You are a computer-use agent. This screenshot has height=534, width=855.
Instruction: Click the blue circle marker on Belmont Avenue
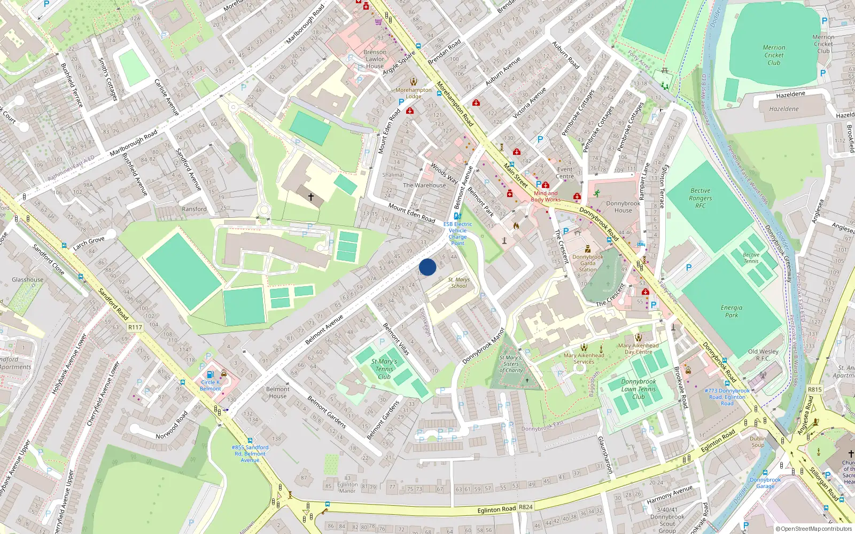pos(428,267)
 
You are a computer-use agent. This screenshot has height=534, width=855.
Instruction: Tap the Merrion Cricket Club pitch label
pos(774,55)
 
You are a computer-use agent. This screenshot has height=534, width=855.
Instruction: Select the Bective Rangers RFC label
pos(700,198)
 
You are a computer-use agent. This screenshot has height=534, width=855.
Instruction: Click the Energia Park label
pos(732,311)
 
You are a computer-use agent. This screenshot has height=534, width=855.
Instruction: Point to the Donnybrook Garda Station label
pos(588,263)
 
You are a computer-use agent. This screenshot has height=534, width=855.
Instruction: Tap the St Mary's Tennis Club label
pos(384,369)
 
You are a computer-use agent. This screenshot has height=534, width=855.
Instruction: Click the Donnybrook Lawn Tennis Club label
pos(639,389)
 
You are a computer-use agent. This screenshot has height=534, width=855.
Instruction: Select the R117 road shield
pos(135,327)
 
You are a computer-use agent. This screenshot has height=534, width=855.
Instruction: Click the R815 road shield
pos(814,389)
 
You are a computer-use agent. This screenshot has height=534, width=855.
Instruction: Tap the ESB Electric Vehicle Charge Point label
pos(457,233)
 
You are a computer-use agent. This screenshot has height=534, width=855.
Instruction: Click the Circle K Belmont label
pos(211,385)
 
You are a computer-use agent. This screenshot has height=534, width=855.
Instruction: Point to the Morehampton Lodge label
pos(414,93)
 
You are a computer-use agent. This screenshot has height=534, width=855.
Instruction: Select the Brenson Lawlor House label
pos(375,59)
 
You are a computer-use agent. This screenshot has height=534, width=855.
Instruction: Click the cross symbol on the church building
pos(310,197)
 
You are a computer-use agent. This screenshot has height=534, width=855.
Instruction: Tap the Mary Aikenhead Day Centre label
pos(638,348)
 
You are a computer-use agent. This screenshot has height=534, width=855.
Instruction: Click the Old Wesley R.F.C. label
pos(763,355)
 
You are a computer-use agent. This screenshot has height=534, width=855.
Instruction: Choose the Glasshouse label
pos(28,279)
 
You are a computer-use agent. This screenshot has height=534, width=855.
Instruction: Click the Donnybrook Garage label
pos(765,483)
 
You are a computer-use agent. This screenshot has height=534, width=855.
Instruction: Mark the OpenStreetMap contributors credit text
pos(814,529)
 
